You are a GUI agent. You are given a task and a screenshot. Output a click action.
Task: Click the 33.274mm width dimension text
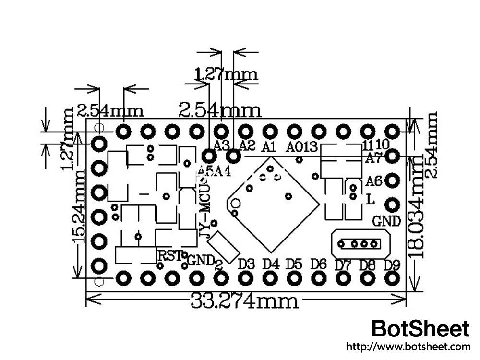coord(244,301)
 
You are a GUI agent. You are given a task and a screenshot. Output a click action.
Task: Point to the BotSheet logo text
coord(421,329)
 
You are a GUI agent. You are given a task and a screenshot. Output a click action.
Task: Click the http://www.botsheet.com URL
coord(408,346)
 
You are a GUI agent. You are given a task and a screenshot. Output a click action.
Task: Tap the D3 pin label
coord(246,264)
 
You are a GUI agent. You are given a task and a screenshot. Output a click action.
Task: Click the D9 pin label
coord(393,264)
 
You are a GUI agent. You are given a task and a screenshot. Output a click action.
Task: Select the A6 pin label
coord(373,181)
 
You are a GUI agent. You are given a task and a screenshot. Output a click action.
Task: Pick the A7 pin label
coord(373,157)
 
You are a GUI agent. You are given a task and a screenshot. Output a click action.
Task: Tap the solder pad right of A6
coord(393,180)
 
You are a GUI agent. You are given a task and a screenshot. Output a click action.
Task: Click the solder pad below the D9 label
coord(393,277)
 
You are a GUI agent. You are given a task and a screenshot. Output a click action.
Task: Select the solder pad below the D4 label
coord(270,277)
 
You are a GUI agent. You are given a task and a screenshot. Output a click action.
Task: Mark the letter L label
coord(370,199)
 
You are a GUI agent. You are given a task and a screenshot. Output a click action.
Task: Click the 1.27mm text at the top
coord(226,74)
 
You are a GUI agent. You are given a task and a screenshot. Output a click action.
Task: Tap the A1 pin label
coord(269,146)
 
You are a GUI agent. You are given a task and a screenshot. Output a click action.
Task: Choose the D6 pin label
coord(318,264)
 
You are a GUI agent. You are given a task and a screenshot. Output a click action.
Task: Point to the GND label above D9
coord(386,221)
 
